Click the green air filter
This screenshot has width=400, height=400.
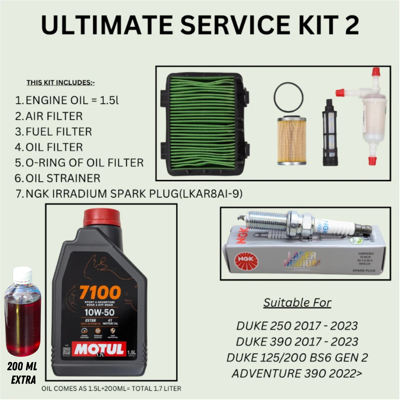pyautogui.click(x=203, y=124)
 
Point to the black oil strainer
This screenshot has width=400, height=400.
pyautogui.click(x=330, y=134)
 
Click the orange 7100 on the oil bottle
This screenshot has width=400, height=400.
pyautogui.click(x=100, y=292)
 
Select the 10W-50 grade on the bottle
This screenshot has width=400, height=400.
pyautogui.click(x=100, y=312)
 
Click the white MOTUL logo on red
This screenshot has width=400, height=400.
pyautogui.click(x=99, y=349)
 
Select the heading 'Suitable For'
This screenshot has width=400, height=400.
pyautogui.click(x=297, y=303)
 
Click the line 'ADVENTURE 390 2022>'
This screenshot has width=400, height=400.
pyautogui.click(x=297, y=374)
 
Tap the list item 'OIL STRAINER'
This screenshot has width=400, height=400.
pyautogui.click(x=63, y=178)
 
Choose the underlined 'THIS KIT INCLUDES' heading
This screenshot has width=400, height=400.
pyautogui.click(x=61, y=83)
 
